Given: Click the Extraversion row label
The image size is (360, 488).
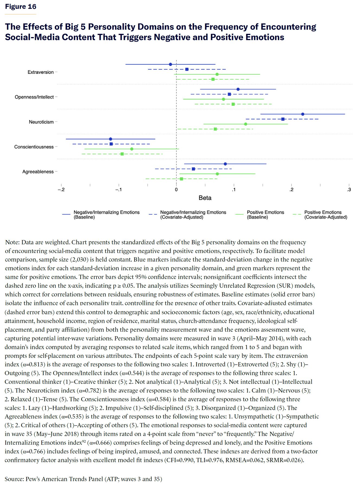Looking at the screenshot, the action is [x=41, y=72].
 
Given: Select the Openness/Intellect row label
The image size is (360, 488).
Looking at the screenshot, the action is [x=34, y=97].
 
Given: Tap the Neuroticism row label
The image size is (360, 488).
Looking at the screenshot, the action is [x=41, y=122].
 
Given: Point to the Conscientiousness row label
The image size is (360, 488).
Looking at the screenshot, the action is [x=34, y=147].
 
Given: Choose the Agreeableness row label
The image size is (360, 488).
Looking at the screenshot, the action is [x=38, y=172].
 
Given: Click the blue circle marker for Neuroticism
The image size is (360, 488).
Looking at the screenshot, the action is [x=303, y=114].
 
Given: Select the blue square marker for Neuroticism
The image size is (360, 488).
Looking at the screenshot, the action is [x=283, y=119].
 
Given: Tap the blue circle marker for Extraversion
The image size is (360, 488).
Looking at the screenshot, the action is [x=170, y=64].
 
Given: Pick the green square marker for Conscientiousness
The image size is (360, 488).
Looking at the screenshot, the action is [x=122, y=154].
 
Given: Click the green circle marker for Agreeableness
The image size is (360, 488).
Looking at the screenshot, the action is [x=217, y=174].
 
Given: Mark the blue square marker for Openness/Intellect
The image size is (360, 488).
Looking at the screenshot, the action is [x=229, y=94].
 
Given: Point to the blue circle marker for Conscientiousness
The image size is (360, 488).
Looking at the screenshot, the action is [x=111, y=139].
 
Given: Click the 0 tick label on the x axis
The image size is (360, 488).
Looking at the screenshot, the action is [x=176, y=190].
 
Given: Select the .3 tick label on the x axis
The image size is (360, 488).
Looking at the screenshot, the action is [x=349, y=190].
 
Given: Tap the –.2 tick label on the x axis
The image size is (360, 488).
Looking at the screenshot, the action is [x=61, y=190].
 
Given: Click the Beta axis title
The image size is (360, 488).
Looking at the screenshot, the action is [x=205, y=198].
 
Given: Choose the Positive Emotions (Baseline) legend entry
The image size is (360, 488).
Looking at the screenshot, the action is [x=260, y=214].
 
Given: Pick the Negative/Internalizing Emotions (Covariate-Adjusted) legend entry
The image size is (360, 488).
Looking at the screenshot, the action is [x=187, y=214].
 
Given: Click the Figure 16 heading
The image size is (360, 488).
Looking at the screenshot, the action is [x=21, y=7].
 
